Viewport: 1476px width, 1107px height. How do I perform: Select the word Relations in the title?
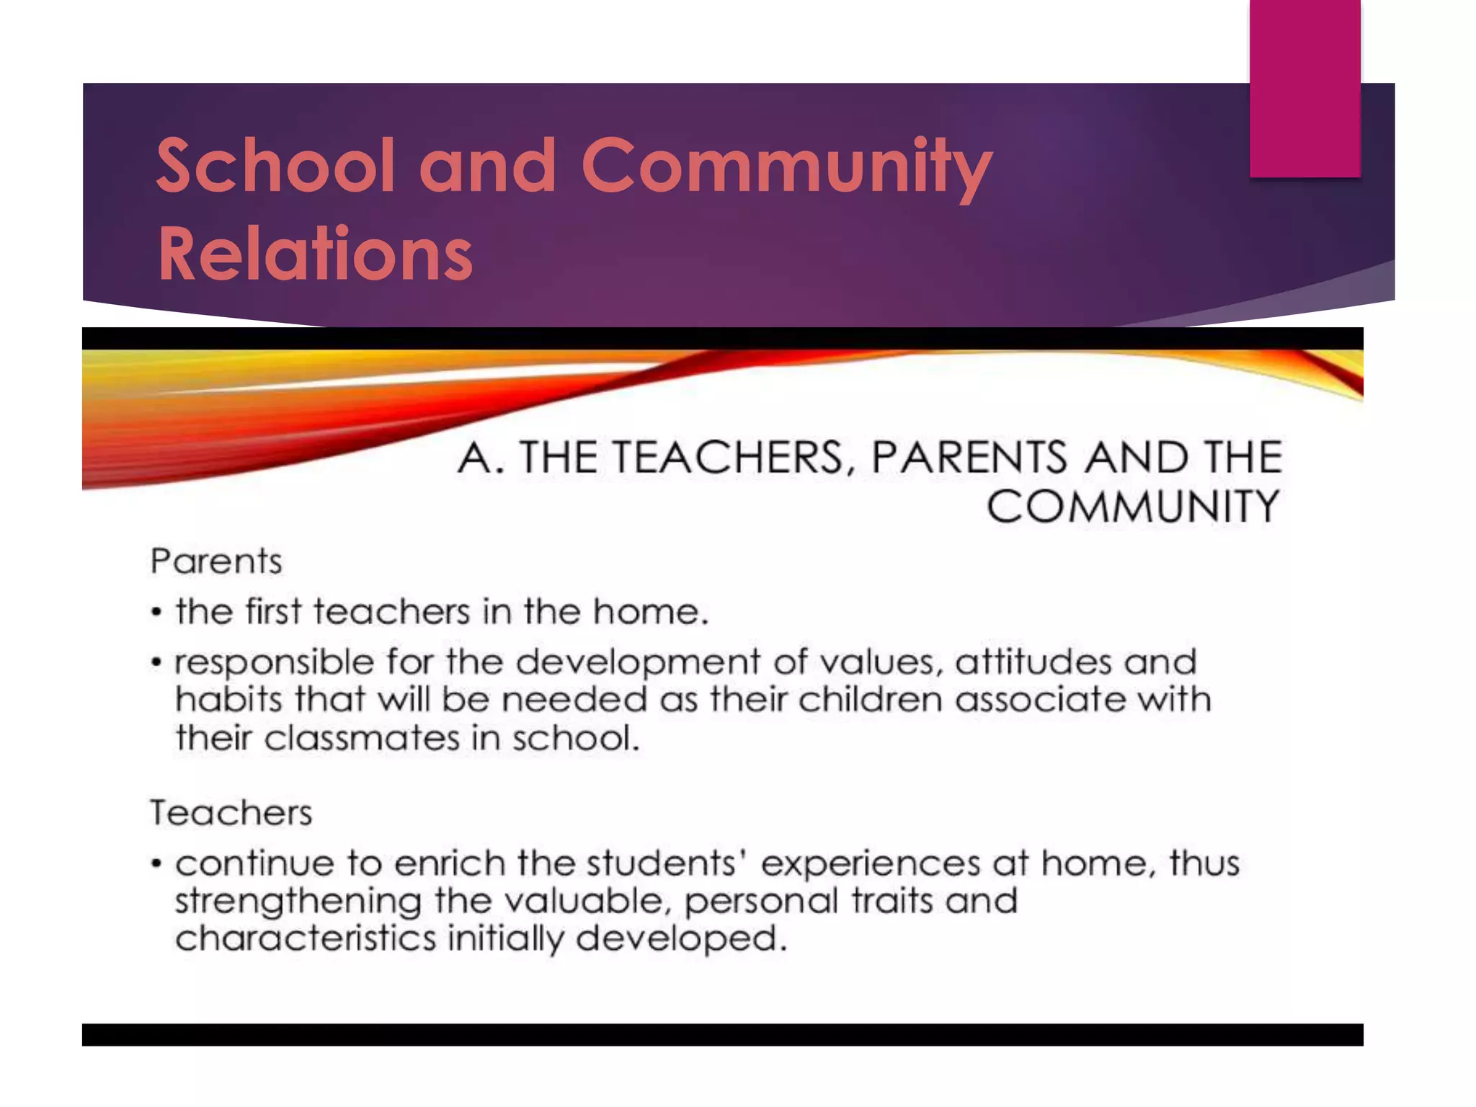(315, 254)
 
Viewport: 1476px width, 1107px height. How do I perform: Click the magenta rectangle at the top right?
(1304, 88)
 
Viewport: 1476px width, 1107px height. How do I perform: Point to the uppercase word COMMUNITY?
(1132, 506)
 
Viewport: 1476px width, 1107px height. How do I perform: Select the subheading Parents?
(215, 561)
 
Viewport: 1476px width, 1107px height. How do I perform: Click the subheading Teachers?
(231, 813)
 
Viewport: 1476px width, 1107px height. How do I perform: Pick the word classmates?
(362, 738)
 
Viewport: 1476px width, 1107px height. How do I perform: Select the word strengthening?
(298, 902)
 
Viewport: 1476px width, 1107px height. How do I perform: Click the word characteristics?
(306, 938)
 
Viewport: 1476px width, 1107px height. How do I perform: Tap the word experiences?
(870, 864)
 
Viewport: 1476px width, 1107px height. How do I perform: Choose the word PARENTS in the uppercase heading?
(969, 457)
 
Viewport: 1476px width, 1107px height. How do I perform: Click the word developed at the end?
(680, 938)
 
